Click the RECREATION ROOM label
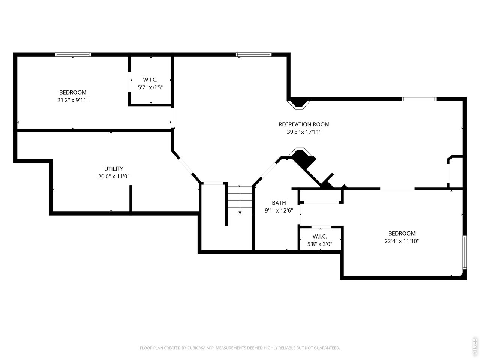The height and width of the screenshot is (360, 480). [x=304, y=124]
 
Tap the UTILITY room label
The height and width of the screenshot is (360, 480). [x=114, y=169]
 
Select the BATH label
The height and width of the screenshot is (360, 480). [x=279, y=203]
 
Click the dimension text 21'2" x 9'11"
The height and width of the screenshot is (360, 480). [x=73, y=100]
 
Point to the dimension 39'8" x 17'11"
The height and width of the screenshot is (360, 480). [x=304, y=132]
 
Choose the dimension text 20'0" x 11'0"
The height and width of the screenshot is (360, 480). [x=114, y=176]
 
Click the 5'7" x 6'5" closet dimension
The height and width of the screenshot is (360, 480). [x=150, y=87]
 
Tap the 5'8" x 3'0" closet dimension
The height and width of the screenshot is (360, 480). [x=320, y=244]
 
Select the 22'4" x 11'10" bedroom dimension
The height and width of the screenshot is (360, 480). [x=402, y=241]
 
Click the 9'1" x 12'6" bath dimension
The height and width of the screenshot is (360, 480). [x=279, y=210]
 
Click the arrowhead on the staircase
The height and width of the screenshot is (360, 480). [x=240, y=213]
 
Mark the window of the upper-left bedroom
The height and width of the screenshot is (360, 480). [x=73, y=54]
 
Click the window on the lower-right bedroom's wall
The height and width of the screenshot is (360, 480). [x=464, y=252]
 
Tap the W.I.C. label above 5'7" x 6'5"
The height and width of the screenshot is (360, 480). [x=150, y=79]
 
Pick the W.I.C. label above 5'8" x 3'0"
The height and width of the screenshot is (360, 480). [x=320, y=236]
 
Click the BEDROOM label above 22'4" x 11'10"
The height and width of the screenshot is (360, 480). [x=402, y=233]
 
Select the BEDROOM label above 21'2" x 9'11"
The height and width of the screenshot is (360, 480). [x=73, y=92]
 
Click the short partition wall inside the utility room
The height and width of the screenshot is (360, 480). [x=131, y=199]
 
